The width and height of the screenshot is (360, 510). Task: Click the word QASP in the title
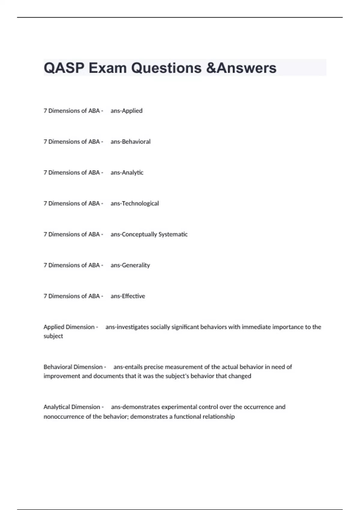(x=64, y=68)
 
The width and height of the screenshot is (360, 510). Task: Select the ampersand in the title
(x=211, y=68)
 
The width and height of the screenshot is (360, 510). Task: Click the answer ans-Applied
(x=126, y=111)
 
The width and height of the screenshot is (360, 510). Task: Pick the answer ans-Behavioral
(x=130, y=142)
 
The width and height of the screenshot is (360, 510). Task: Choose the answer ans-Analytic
(x=127, y=172)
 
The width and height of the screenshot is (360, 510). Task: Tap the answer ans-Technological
(x=134, y=203)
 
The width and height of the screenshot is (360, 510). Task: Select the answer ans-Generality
(x=130, y=265)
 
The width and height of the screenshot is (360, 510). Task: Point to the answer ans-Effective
(x=128, y=296)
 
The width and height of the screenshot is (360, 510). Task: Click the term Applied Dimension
(x=69, y=327)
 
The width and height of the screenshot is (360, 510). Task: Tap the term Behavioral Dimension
(x=73, y=367)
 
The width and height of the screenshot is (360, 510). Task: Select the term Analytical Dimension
(x=72, y=407)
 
